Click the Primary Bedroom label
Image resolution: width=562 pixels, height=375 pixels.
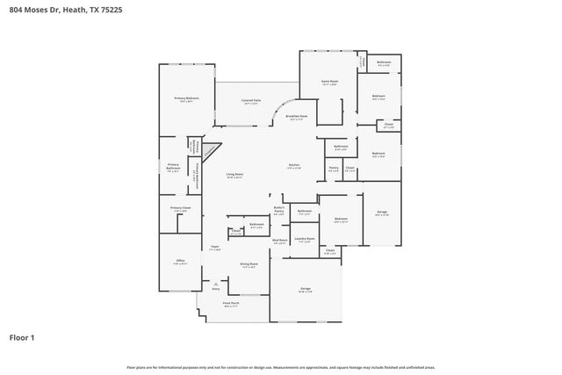click(186, 98)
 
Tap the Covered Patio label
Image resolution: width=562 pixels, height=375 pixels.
click(251, 101)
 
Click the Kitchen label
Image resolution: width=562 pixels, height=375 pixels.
click(295, 166)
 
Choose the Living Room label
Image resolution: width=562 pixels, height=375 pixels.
click(234, 175)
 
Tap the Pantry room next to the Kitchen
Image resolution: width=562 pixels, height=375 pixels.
click(334, 168)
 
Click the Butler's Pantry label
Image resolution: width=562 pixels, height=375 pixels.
click(279, 210)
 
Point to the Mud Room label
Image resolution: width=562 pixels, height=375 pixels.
click(280, 241)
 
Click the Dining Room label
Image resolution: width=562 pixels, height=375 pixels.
click(249, 264)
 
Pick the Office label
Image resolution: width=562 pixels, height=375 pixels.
click(179, 261)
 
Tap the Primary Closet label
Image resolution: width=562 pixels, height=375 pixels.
click(180, 208)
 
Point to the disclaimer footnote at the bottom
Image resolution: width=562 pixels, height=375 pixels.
click(280, 367)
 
